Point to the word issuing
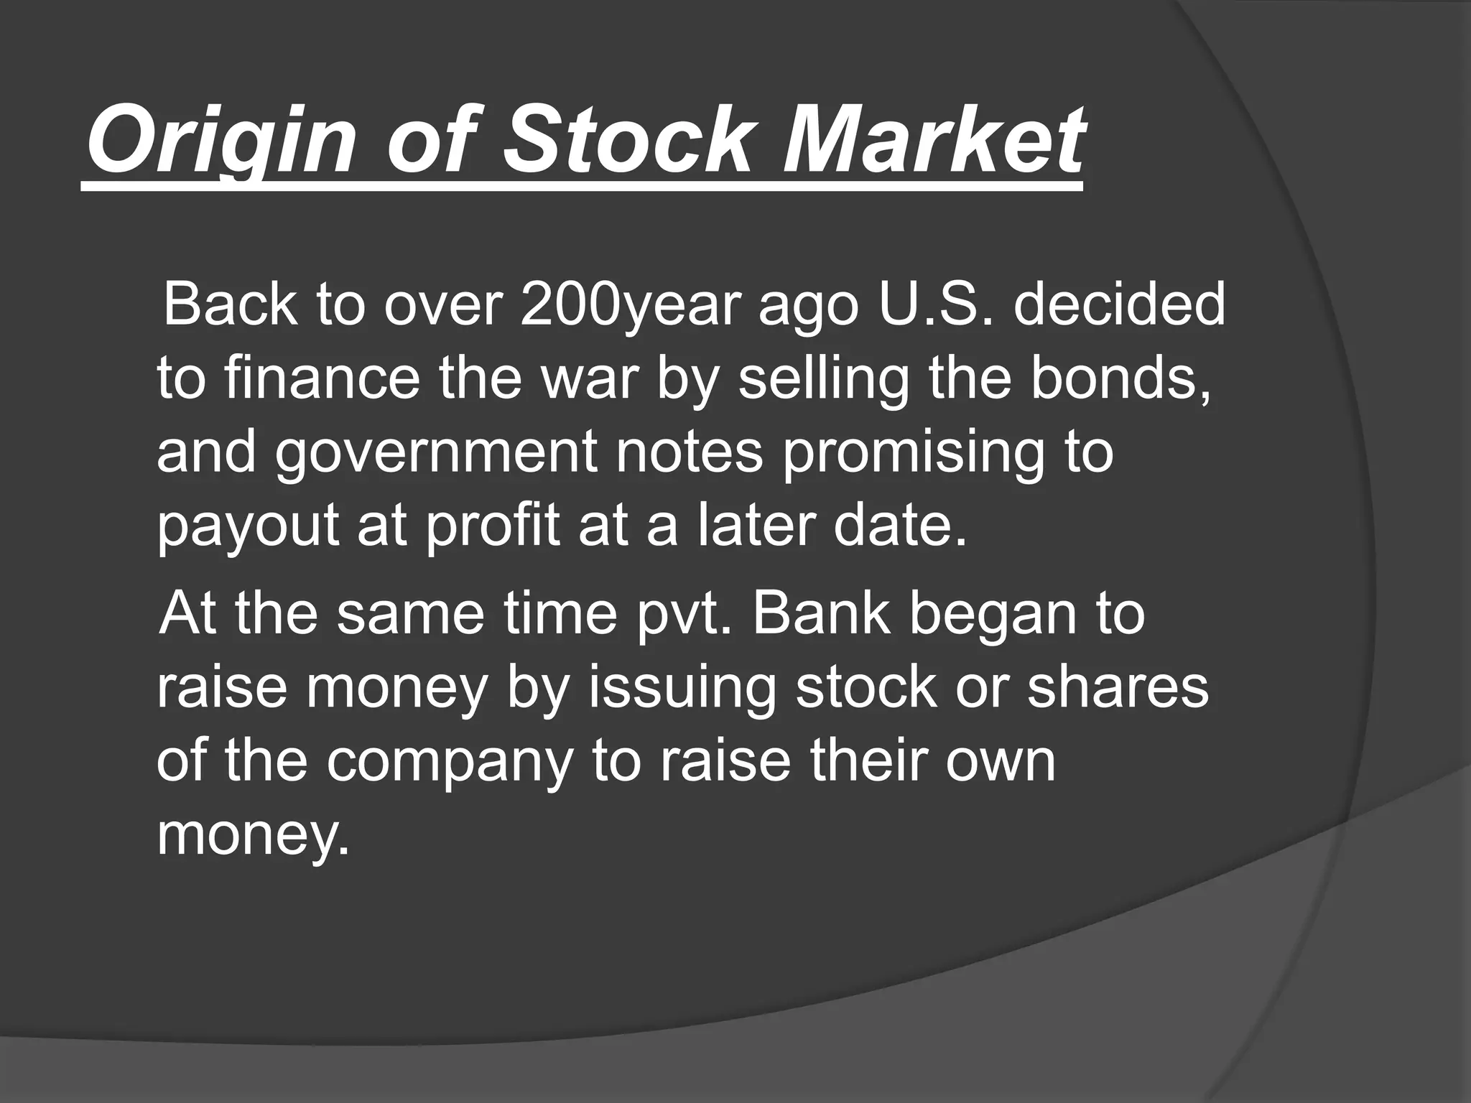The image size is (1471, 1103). click(682, 689)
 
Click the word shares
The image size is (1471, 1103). click(1118, 689)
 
